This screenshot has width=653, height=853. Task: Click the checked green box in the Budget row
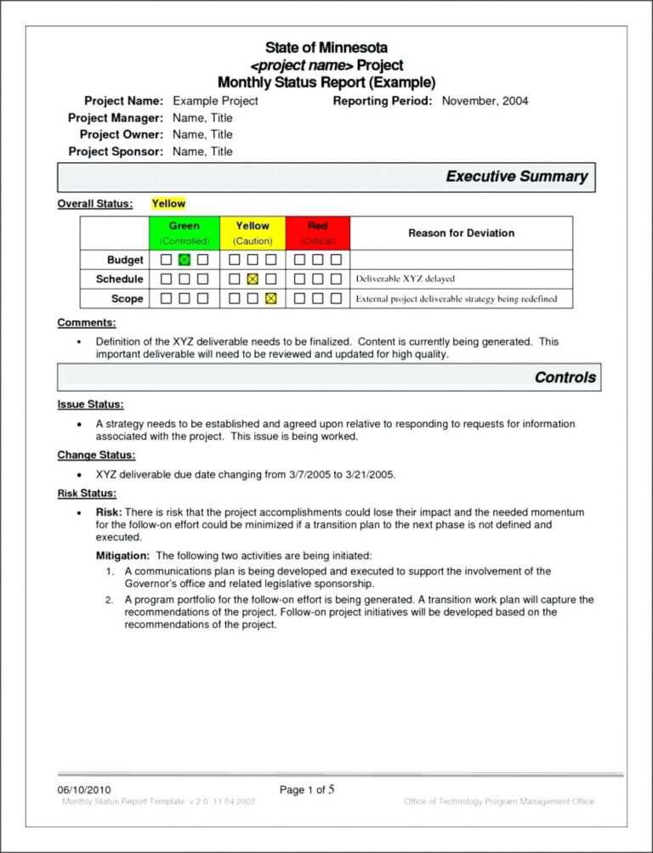pyautogui.click(x=185, y=260)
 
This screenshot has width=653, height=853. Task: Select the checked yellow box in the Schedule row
pyautogui.click(x=252, y=279)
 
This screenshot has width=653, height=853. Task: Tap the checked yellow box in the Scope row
pyautogui.click(x=270, y=298)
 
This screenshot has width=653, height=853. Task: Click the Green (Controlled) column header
pyautogui.click(x=185, y=233)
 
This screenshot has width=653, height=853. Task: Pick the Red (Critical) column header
pyautogui.click(x=318, y=233)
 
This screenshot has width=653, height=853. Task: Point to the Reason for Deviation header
pyautogui.click(x=461, y=233)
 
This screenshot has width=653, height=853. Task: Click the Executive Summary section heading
pyautogui.click(x=516, y=177)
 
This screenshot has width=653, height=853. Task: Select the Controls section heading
pyautogui.click(x=565, y=377)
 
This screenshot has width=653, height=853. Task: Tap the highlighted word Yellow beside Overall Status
pyautogui.click(x=168, y=204)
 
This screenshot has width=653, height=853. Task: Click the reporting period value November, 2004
pyautogui.click(x=484, y=101)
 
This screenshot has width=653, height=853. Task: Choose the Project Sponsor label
pyautogui.click(x=115, y=151)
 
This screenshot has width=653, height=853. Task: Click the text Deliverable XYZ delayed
pyautogui.click(x=405, y=279)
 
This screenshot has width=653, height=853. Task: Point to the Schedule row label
pyautogui.click(x=120, y=279)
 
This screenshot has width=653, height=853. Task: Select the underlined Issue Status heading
pyautogui.click(x=90, y=404)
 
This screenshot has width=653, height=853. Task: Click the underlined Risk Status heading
pyautogui.click(x=87, y=494)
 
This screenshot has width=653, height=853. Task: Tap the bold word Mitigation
pyautogui.click(x=123, y=555)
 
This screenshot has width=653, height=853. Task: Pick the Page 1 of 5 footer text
pyautogui.click(x=307, y=790)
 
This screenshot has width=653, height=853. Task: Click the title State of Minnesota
pyautogui.click(x=326, y=48)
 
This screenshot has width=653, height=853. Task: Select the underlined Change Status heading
pyautogui.click(x=96, y=455)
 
